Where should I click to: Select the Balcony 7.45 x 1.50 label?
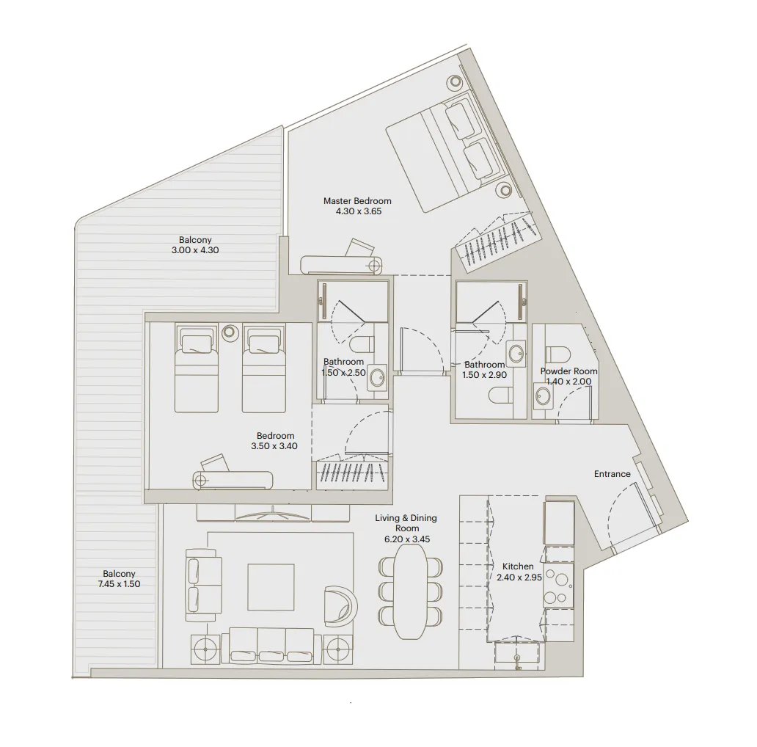[119, 579]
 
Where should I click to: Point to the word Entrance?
[612, 474]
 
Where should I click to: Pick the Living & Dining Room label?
[406, 528]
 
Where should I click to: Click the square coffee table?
[271, 586]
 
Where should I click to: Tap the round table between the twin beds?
[229, 332]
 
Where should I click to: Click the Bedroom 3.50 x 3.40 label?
[277, 440]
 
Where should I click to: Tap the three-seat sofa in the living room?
[272, 646]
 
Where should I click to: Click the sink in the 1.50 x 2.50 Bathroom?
[377, 378]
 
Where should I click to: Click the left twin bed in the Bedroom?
[196, 368]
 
